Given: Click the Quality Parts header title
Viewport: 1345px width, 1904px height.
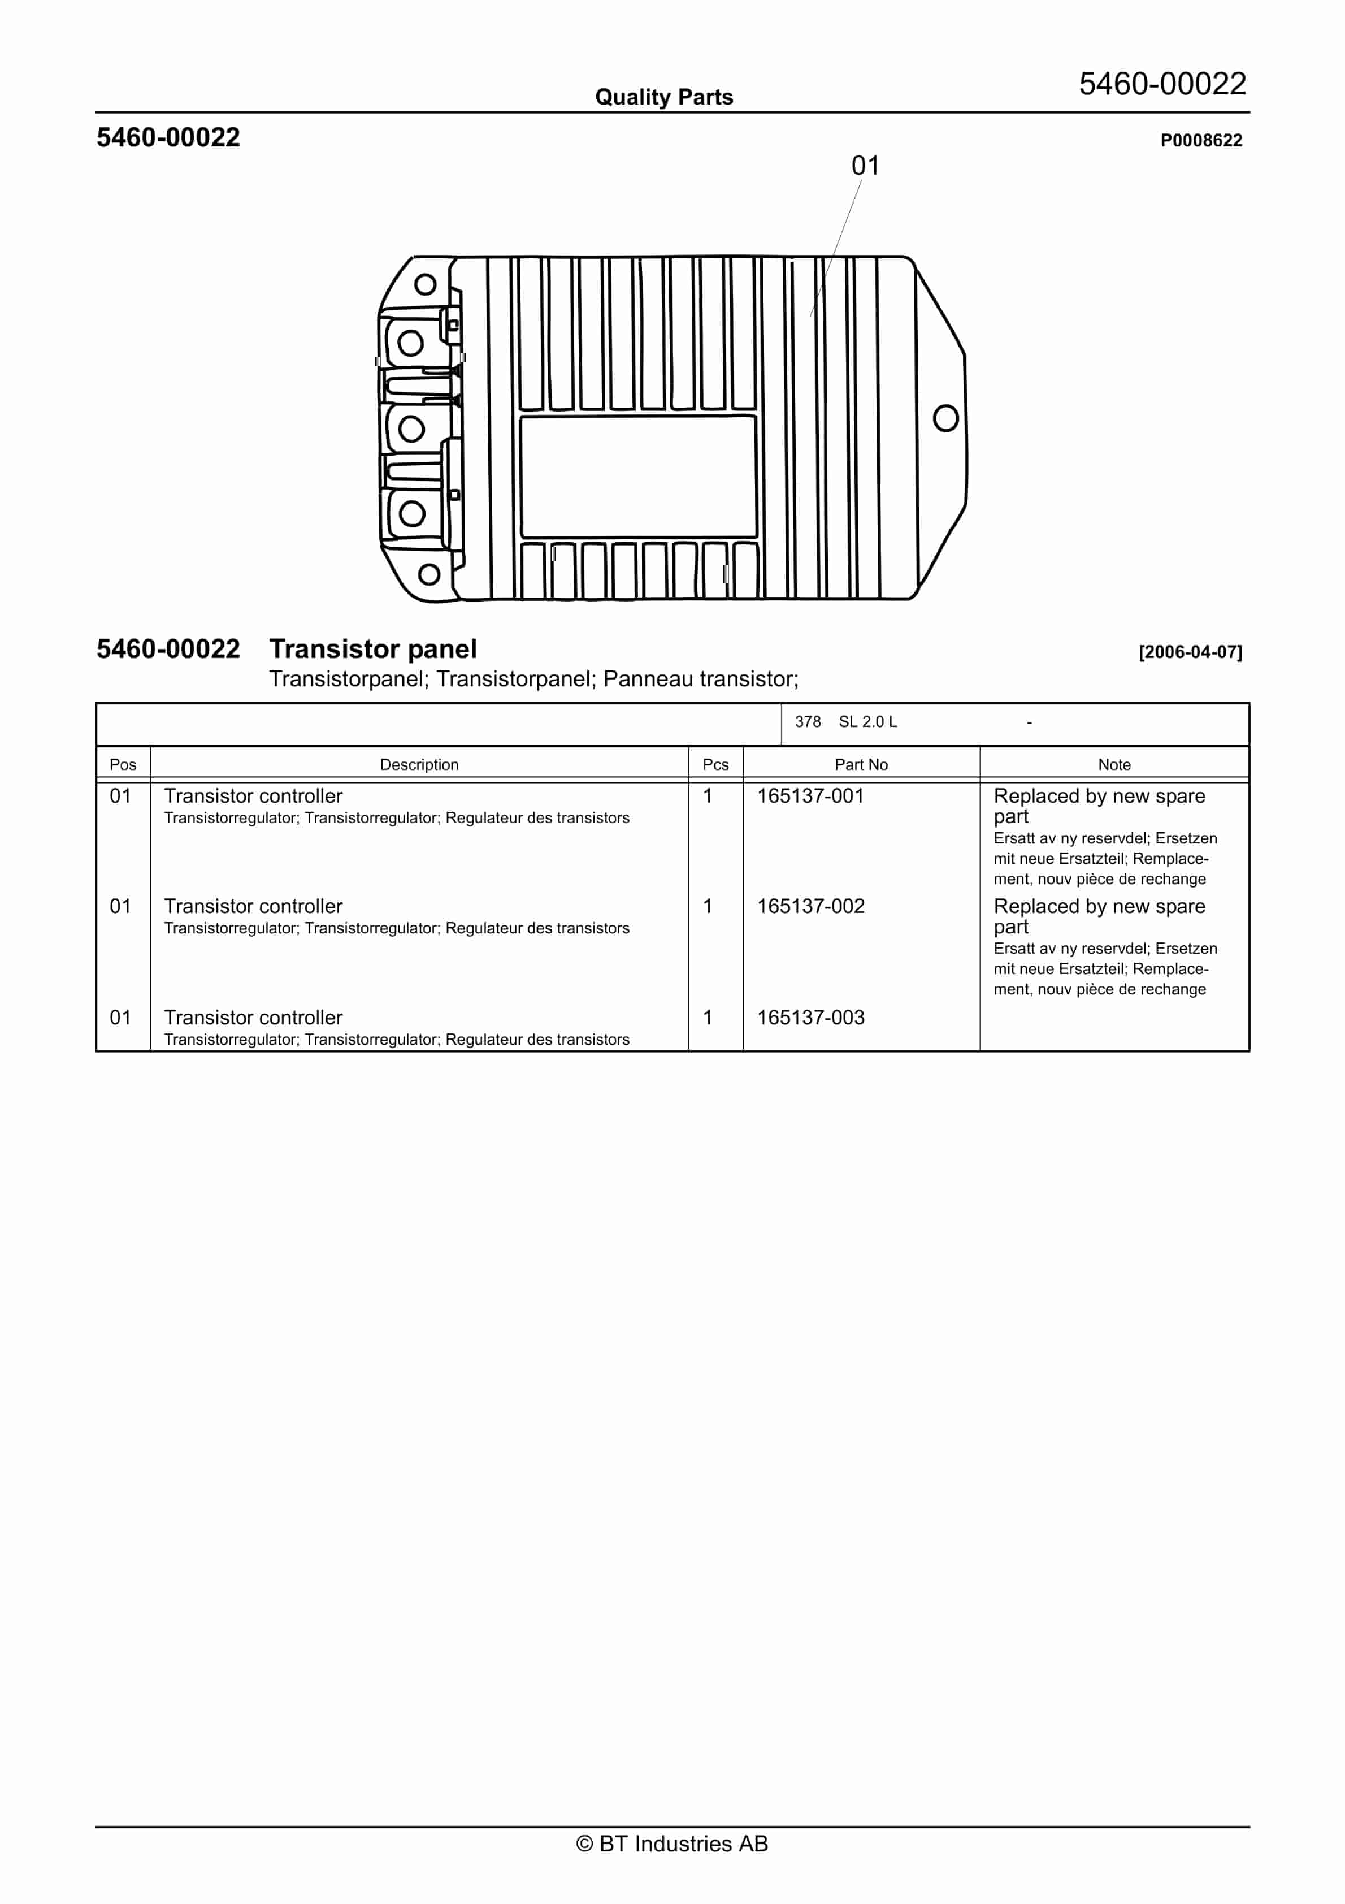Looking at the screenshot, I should tap(663, 97).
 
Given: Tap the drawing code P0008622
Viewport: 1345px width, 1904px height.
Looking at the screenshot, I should tap(1201, 140).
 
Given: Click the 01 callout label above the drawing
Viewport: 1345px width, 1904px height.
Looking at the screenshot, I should tap(865, 166).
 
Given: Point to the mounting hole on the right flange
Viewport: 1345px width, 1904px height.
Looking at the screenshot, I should tap(945, 418).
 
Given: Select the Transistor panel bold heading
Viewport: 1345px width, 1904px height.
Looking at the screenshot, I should tap(372, 648).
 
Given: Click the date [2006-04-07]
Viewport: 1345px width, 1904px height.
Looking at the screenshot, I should tap(1190, 652).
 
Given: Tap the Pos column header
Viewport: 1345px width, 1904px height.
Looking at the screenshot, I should tap(123, 764).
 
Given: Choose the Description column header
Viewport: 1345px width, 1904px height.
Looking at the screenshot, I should tap(419, 764).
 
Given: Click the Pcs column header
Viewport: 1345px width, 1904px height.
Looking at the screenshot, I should tap(715, 764).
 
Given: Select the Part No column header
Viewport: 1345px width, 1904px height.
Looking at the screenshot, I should tap(861, 764).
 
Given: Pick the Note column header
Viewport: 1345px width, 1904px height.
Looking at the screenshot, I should tap(1114, 764).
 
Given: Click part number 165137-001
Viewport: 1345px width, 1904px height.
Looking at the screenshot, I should tap(810, 796).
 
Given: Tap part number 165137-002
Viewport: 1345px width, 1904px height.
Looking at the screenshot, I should tap(810, 906).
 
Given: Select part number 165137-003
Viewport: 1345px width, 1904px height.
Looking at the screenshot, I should tap(810, 1018).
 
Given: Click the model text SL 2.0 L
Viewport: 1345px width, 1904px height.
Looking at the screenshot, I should tap(867, 721).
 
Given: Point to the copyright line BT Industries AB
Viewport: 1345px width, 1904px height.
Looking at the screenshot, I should tap(672, 1844).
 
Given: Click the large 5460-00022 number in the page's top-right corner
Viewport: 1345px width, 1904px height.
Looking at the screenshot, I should tap(1162, 84).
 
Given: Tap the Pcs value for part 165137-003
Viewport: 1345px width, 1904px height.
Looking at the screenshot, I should tap(708, 1018).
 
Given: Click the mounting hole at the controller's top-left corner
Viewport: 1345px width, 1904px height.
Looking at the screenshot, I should tap(424, 284).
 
